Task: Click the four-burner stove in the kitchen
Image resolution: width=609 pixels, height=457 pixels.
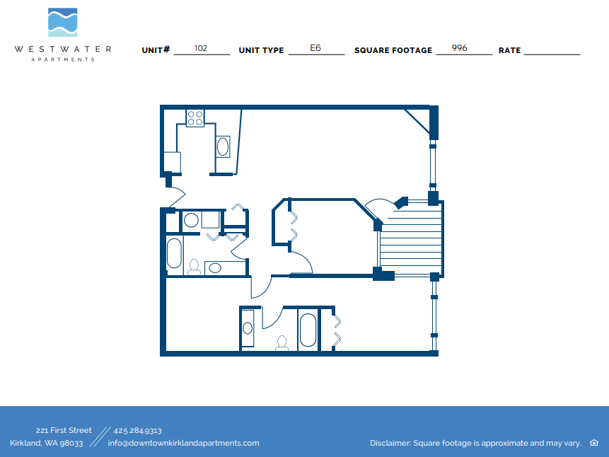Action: click(x=195, y=117)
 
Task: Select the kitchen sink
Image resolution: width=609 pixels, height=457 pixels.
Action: click(x=223, y=147)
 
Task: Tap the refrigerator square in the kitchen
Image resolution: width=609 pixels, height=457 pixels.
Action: click(x=172, y=163)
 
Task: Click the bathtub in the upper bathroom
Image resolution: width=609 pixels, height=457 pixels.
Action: click(x=174, y=253)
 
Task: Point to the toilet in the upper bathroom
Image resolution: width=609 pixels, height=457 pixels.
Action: click(x=194, y=267)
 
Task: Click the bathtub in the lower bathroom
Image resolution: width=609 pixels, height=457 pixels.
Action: click(x=308, y=330)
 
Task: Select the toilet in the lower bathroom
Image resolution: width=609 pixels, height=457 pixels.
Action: click(x=282, y=343)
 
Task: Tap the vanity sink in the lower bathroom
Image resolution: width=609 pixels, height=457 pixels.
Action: click(x=248, y=328)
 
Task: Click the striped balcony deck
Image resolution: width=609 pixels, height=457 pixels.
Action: click(x=410, y=239)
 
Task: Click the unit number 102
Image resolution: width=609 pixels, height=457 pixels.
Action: click(x=201, y=49)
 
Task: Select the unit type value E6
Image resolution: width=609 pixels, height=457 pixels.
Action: click(x=315, y=49)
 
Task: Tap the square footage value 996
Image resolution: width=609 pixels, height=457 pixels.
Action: click(x=460, y=49)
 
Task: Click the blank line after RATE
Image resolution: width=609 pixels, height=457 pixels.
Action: click(x=552, y=53)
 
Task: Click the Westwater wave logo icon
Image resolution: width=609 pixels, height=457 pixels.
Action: click(x=62, y=23)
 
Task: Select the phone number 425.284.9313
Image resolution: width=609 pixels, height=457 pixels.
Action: click(x=137, y=430)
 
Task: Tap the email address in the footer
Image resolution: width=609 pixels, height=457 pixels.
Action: click(x=183, y=443)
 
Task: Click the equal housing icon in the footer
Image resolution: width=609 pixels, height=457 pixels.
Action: click(x=593, y=443)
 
